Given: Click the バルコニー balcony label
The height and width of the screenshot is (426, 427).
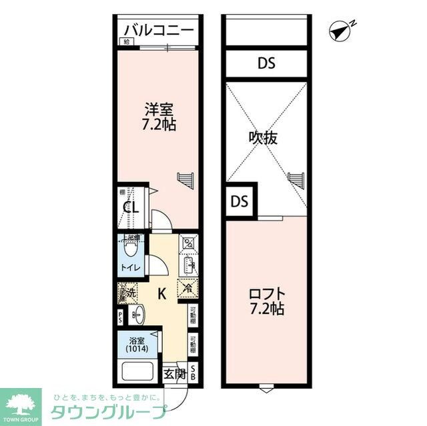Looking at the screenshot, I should click(x=159, y=30).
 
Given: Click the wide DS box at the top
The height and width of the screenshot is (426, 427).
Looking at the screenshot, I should click(x=266, y=64).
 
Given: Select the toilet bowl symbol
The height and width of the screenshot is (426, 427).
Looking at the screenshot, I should click(x=131, y=250).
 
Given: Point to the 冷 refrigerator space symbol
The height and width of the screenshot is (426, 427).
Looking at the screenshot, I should click(x=186, y=288).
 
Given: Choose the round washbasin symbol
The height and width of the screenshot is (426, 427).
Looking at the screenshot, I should click(x=138, y=313).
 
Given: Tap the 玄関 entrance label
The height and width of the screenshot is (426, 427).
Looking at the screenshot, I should click(x=175, y=373).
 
